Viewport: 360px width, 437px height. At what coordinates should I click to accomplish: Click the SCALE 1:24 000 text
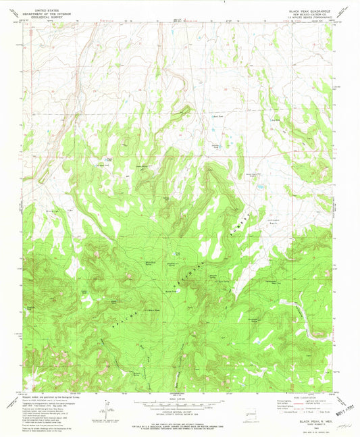pos(180,399)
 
